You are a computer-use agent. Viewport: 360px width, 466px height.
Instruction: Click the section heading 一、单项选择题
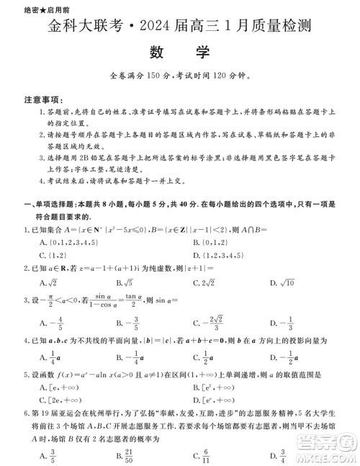(x=54, y=205)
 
